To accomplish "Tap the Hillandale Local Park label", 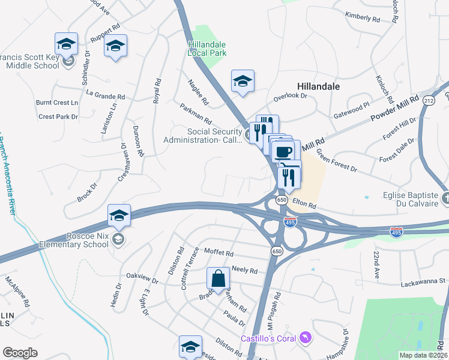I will tap(207, 49).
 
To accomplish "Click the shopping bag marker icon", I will tap(218, 278).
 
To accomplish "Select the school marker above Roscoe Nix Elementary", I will tap(119, 215).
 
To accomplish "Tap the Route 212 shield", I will tap(428, 100).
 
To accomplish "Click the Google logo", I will tap(20, 353).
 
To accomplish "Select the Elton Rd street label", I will tap(304, 205).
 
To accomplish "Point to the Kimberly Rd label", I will tap(363, 17).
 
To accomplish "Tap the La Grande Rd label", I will tap(106, 95).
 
